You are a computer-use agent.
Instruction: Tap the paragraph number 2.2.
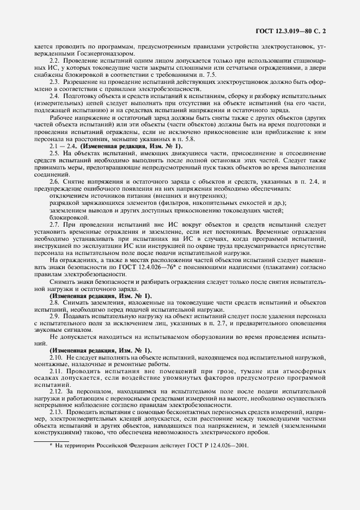coord(54,60)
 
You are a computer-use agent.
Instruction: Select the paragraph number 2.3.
coord(54,81)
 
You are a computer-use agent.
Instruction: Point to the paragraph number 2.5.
coord(54,153)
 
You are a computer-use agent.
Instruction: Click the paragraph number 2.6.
coord(54,181)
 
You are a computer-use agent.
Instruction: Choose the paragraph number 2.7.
coord(54,224)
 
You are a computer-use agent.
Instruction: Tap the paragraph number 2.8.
coord(54,302)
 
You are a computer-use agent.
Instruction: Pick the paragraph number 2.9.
coord(54,316)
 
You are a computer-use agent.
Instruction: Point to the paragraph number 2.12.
coord(56,392)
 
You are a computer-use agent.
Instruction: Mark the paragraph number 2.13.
coord(56,414)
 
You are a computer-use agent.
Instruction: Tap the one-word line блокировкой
coord(65,216)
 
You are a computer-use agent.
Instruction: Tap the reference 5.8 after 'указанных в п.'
coord(132,139)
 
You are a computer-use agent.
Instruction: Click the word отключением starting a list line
coord(68,196)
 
